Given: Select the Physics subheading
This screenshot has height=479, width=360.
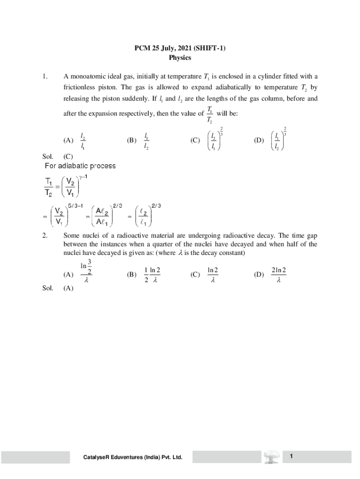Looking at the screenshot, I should (180, 58).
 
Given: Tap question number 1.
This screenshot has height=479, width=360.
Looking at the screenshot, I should (44, 77).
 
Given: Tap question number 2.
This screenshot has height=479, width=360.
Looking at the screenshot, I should (44, 236).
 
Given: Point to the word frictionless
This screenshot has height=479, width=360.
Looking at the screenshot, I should (84, 87).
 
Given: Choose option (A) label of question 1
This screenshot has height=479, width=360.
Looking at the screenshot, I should (68, 140).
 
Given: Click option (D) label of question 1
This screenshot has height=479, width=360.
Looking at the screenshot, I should (259, 140).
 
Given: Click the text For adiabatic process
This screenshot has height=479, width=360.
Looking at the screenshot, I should (80, 166).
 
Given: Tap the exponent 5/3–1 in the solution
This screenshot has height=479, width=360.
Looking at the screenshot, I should (75, 205).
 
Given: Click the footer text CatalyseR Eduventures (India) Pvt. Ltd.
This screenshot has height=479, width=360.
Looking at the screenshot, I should (133, 457).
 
